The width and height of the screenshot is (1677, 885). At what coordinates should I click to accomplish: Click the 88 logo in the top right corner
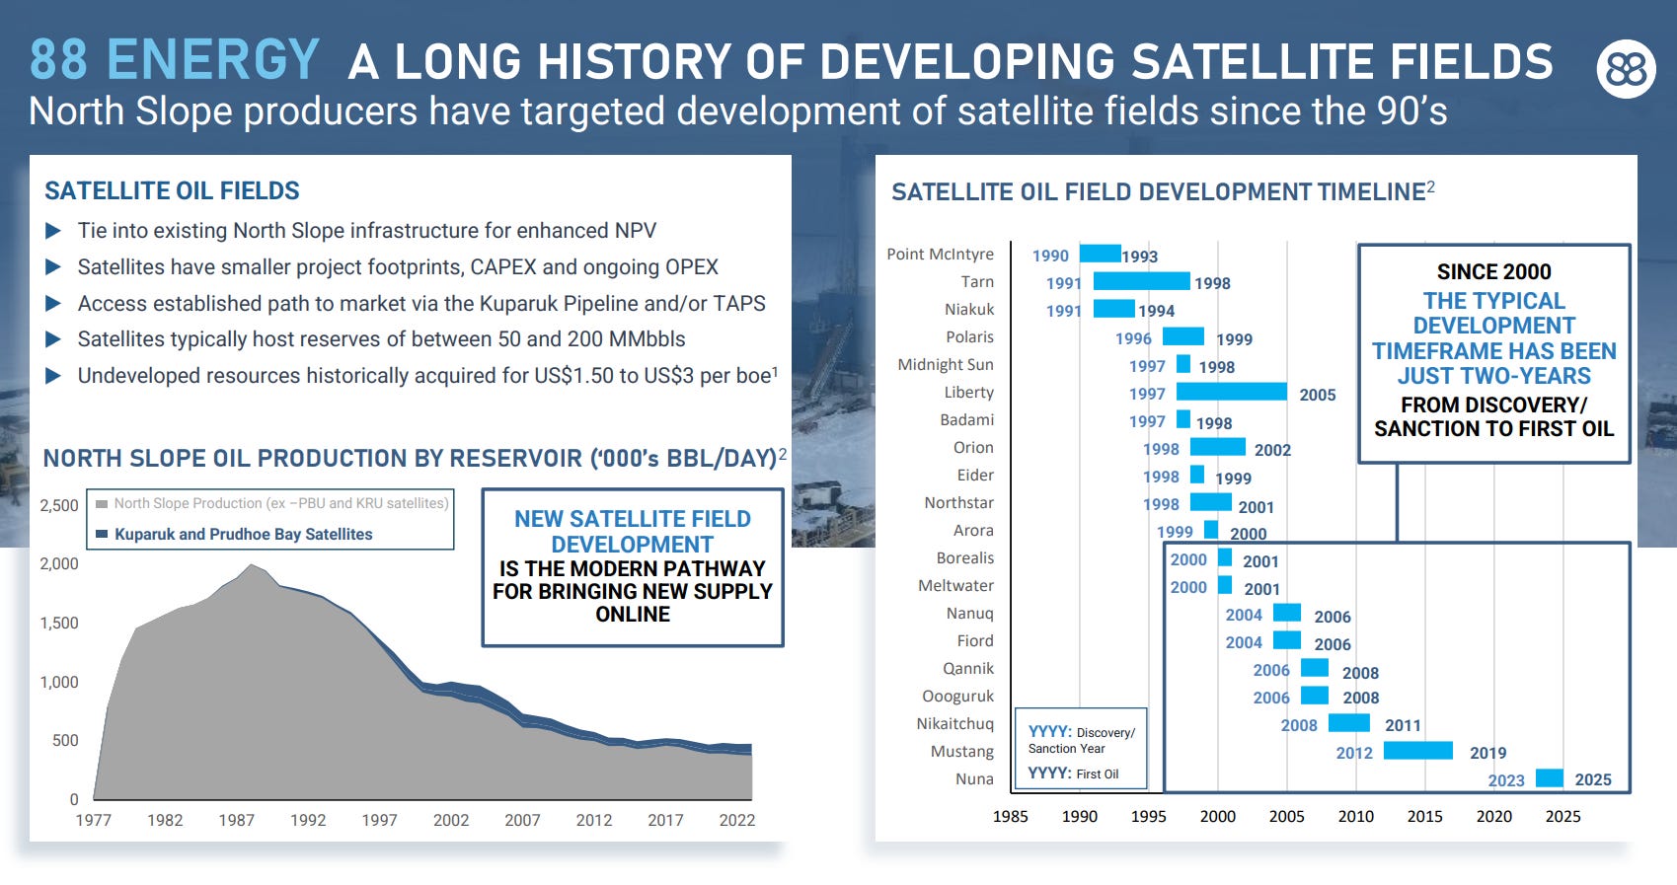1626,69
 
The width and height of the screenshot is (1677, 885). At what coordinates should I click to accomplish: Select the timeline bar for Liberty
1231,392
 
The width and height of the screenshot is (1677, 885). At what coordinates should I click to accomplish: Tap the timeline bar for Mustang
1417,751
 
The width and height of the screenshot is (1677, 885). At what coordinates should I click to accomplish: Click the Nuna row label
974,778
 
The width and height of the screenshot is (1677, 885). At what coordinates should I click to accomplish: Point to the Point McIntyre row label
940,254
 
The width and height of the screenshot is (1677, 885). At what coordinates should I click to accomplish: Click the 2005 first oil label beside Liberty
1317,395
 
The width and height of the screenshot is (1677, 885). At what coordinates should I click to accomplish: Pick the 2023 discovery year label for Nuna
1505,780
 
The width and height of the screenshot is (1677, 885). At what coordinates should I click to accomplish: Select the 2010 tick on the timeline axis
1355,816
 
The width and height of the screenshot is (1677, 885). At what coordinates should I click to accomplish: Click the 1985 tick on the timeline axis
1010,816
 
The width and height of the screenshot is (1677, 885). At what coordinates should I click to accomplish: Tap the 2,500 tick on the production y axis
59,505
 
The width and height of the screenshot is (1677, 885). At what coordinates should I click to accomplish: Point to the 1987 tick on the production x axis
236,820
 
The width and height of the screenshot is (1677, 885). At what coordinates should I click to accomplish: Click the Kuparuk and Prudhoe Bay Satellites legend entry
243,534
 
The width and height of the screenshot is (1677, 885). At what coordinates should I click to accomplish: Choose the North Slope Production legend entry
280,503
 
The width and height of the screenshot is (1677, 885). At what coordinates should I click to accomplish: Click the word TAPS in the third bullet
739,303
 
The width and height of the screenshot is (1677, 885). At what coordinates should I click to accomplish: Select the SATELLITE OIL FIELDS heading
172,190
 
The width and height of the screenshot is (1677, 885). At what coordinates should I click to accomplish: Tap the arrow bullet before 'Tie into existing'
53,231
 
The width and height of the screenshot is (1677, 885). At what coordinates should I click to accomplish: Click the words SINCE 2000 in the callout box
1493,271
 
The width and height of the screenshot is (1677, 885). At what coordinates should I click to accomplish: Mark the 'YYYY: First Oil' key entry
1073,774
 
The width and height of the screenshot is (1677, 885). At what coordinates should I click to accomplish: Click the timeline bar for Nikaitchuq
1348,723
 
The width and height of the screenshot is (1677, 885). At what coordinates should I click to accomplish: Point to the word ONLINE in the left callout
633,614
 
